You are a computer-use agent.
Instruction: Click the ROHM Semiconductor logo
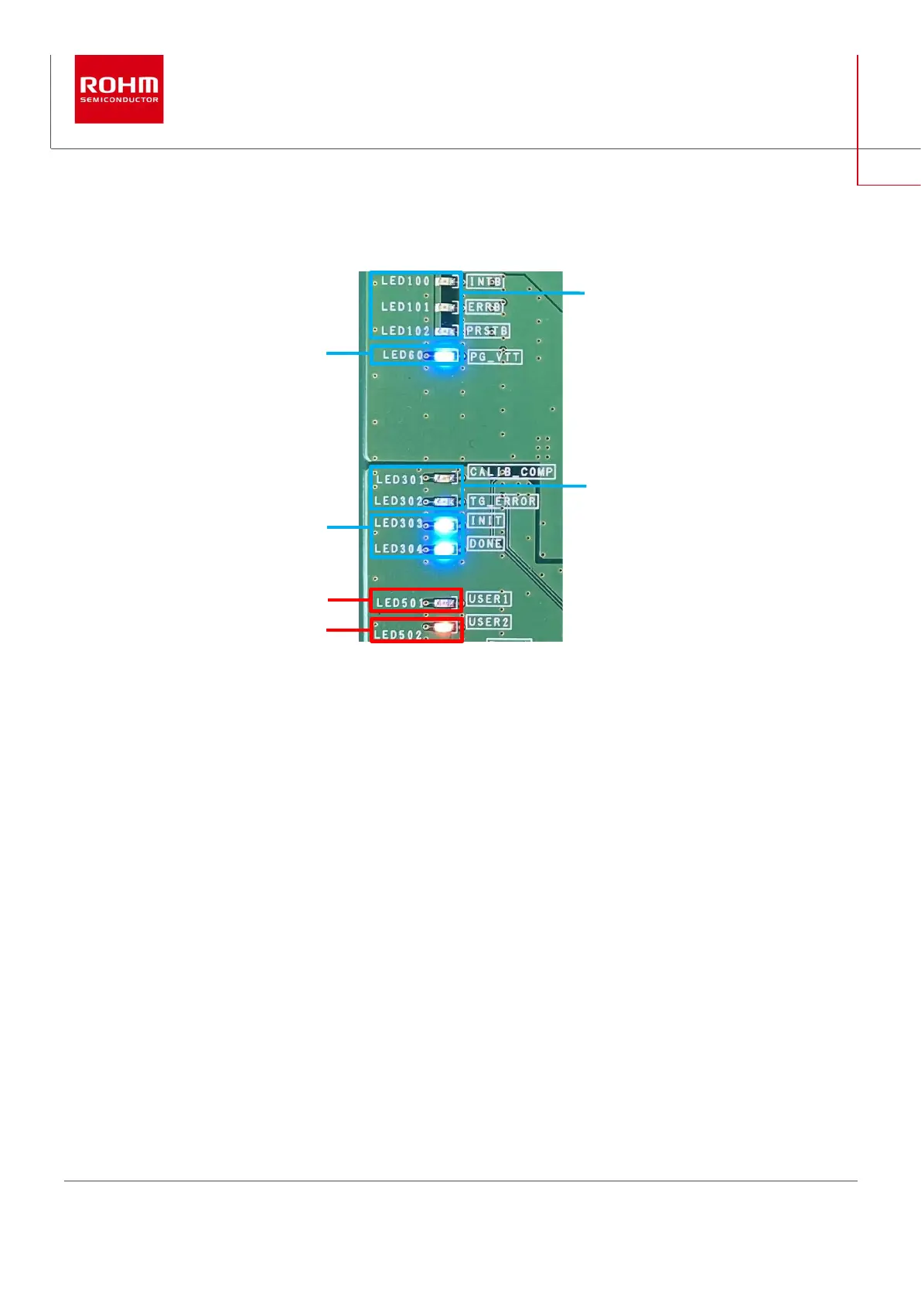coord(118,89)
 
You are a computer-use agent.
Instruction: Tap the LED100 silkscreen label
coord(405,281)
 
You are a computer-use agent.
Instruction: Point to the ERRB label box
coord(485,307)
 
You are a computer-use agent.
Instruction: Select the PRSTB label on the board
coord(487,331)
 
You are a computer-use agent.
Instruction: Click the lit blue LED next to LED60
coord(445,356)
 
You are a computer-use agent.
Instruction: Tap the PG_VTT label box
coord(496,357)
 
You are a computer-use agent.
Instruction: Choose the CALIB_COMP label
coord(511,472)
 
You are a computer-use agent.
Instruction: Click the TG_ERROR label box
coord(503,501)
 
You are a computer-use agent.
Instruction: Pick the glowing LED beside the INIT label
coord(445,525)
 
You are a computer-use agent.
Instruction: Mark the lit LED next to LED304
coord(445,549)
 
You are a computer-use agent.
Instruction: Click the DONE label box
coord(486,544)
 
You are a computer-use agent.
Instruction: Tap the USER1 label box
coord(489,599)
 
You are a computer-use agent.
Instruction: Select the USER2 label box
coord(489,622)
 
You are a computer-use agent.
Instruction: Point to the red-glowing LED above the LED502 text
coord(445,627)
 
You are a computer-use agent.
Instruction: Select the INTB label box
coord(486,281)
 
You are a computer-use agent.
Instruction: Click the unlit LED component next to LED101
coord(447,307)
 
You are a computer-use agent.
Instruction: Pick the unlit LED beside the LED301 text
coord(445,479)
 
